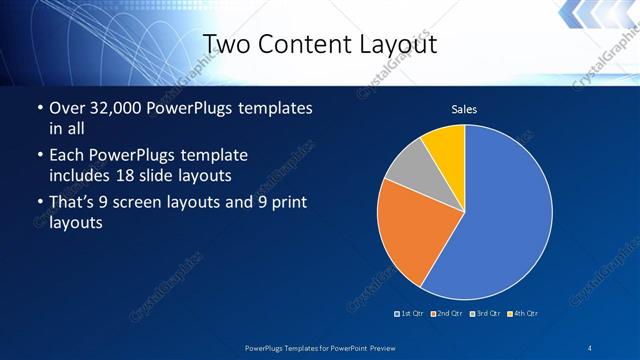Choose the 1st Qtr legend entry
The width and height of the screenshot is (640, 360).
410,314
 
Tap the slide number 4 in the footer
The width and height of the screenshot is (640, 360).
590,346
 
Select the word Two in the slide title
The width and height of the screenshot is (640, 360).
227,44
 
